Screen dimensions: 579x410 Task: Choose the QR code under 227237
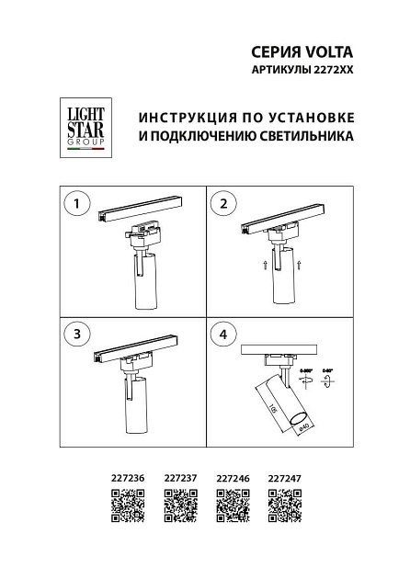tap(180, 506)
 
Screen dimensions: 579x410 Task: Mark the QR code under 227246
tap(232, 506)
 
